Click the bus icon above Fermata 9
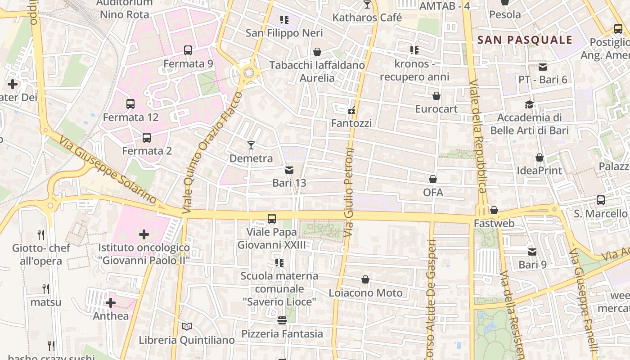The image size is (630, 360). [x=188, y=50]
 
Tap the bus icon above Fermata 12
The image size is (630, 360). [x=130, y=104]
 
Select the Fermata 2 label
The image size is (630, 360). [x=147, y=151]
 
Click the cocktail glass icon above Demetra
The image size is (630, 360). [x=251, y=145]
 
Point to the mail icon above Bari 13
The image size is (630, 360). [x=289, y=170]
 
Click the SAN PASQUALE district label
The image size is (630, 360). [x=525, y=40]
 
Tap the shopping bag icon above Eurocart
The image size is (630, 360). [x=436, y=96]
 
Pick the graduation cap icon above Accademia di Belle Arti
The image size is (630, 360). [x=529, y=104]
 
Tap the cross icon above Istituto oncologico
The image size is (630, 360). [x=144, y=234]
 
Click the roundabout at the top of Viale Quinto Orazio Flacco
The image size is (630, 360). [x=248, y=72]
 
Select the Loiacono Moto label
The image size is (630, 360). [x=365, y=293]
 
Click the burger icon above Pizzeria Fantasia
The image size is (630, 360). [x=282, y=320]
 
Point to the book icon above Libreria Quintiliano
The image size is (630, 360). [x=187, y=327]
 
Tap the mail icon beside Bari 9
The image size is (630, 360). [x=532, y=252]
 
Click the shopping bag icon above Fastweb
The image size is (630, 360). [x=494, y=210]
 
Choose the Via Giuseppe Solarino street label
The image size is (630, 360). [x=108, y=171]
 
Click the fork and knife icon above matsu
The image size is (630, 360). [x=45, y=288]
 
